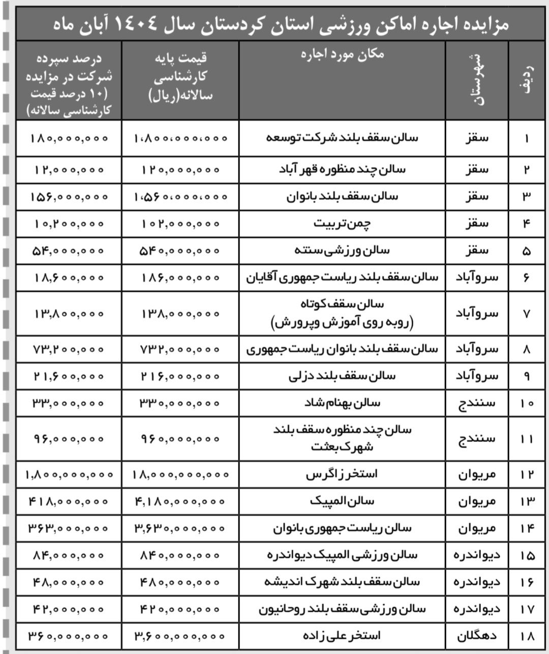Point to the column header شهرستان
476,80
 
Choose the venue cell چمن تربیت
342,223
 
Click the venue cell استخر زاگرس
342,474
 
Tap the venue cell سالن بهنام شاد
342,403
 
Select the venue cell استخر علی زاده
342,635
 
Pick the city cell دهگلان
476,635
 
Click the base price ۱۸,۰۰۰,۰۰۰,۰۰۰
180,474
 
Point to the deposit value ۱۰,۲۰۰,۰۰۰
69,223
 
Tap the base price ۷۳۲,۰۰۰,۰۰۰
180,349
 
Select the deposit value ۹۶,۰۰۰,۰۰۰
69,439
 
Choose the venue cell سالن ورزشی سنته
342,250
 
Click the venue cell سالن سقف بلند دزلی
342,376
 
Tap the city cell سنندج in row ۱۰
476,403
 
